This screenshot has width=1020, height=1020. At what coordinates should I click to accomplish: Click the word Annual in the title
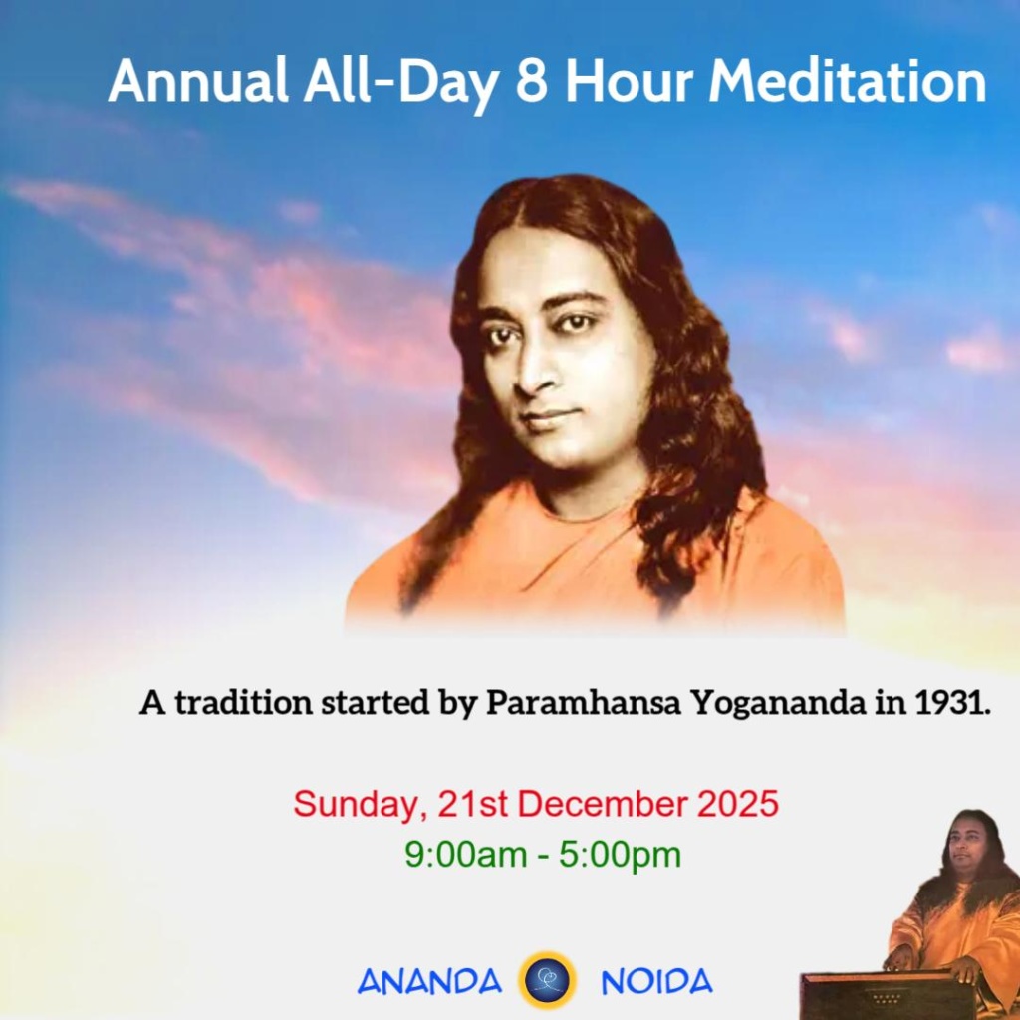198,80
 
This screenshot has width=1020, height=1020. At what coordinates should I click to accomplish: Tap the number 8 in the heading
532,81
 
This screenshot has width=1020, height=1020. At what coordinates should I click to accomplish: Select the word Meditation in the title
848,81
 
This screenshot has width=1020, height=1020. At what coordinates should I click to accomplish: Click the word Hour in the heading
628,81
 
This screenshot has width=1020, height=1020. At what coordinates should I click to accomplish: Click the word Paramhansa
584,702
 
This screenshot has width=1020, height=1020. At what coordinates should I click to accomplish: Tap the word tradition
244,702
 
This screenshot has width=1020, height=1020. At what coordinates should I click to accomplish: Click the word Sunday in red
358,805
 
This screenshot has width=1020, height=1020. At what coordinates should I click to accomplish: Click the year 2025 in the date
738,804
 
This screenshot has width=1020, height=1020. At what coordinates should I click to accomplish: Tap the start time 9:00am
466,854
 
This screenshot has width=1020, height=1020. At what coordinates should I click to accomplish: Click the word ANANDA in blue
430,981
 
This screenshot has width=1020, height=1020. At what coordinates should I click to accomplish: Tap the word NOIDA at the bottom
656,981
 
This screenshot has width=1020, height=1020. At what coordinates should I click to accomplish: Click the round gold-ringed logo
547,980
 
